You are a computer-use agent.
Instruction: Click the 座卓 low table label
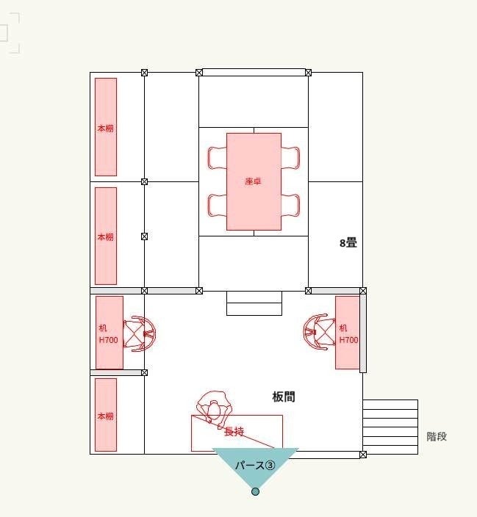pyautogui.click(x=253, y=181)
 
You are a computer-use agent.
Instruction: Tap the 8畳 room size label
pyautogui.click(x=348, y=243)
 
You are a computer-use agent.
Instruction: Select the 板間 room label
pyautogui.click(x=284, y=397)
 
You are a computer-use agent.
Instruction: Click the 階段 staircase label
pyautogui.click(x=437, y=436)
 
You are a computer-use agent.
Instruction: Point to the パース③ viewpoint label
pyautogui.click(x=255, y=466)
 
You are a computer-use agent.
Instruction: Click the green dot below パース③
pyautogui.click(x=255, y=491)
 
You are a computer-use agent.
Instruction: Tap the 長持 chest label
pyautogui.click(x=234, y=431)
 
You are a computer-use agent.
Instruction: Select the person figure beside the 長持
pyautogui.click(x=214, y=409)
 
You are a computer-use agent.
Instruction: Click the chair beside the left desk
pyautogui.click(x=139, y=333)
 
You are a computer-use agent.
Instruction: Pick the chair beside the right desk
pyautogui.click(x=319, y=332)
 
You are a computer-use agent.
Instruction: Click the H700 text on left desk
pyautogui.click(x=108, y=340)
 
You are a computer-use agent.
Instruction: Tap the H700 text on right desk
pyautogui.click(x=348, y=340)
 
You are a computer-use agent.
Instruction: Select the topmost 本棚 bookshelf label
pyautogui.click(x=105, y=129)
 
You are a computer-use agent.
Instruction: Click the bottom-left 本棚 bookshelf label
pyautogui.click(x=105, y=416)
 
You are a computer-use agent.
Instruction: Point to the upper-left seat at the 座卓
pyautogui.click(x=218, y=158)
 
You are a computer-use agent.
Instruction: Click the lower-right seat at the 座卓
pyautogui.click(x=290, y=206)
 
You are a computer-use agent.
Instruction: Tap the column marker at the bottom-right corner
pyautogui.click(x=363, y=455)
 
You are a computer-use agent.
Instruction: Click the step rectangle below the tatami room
pyautogui.click(x=254, y=303)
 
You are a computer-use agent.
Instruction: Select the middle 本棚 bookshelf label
pyautogui.click(x=105, y=236)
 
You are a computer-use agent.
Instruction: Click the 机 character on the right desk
pyautogui.click(x=343, y=328)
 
